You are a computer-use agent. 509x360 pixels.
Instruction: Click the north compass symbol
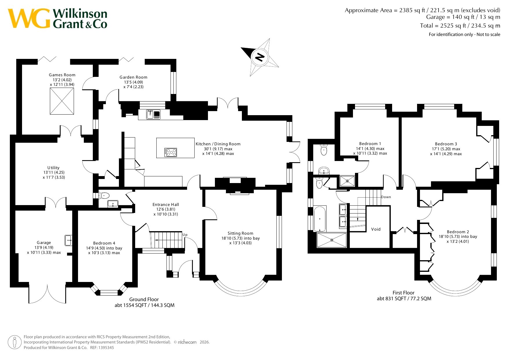(260, 57)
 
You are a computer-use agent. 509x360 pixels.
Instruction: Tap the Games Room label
(62, 75)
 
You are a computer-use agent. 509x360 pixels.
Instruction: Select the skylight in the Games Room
(62, 101)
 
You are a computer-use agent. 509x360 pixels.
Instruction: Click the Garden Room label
(133, 77)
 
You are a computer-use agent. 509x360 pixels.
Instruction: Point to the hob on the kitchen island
(171, 152)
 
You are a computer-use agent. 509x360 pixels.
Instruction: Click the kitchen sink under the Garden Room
(153, 115)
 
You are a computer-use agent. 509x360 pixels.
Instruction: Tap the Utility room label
(53, 168)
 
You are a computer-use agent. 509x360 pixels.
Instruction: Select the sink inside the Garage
(68, 240)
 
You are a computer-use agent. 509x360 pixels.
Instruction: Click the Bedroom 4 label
(104, 243)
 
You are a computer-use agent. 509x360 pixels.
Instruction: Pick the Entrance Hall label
(166, 205)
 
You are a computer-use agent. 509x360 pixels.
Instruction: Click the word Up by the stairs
(185, 235)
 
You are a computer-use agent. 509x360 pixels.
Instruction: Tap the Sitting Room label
(240, 233)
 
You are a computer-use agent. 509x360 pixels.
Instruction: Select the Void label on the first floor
(376, 229)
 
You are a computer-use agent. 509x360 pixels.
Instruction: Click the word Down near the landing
(386, 197)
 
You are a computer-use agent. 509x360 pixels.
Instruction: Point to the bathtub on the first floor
(320, 218)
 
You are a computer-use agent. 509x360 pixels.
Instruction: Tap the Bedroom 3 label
(446, 144)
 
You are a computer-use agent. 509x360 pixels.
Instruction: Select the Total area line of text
(460, 26)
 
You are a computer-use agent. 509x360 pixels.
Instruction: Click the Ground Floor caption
(144, 299)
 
